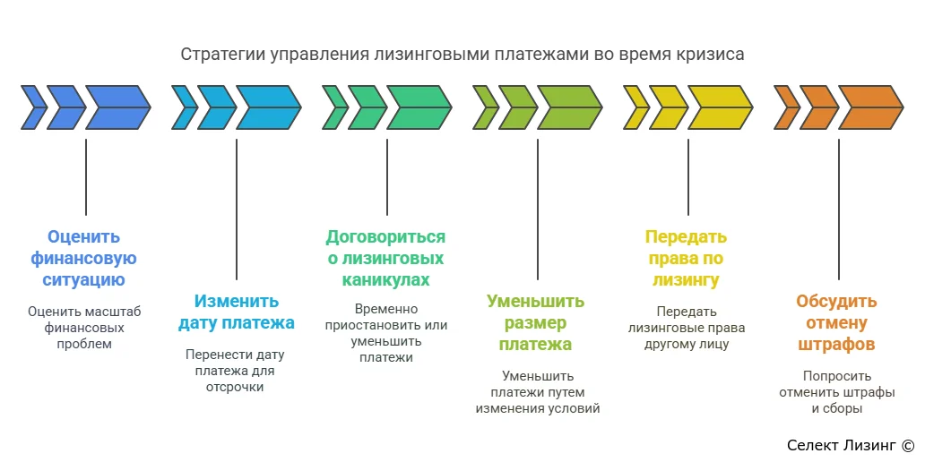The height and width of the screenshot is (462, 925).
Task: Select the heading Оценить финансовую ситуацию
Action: click(x=83, y=258)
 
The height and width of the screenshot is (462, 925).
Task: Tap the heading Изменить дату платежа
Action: click(x=237, y=312)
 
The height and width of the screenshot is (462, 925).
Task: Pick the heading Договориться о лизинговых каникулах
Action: click(x=385, y=258)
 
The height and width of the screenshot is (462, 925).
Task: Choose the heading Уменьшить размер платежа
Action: click(x=536, y=322)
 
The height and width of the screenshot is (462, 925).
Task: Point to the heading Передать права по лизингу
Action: click(x=686, y=258)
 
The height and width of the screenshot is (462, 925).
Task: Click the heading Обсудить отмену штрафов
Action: click(x=836, y=322)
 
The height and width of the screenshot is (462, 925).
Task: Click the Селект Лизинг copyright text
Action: click(x=850, y=445)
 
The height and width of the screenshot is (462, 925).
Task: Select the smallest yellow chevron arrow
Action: click(x=636, y=107)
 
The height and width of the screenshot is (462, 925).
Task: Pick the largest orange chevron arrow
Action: click(x=869, y=107)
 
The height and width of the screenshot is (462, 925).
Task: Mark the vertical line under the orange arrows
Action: click(x=838, y=210)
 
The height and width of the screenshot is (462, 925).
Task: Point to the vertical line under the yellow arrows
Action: click(x=687, y=176)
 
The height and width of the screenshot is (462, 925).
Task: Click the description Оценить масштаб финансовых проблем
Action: click(x=84, y=328)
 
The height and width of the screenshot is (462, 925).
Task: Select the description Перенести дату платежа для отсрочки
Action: click(x=235, y=371)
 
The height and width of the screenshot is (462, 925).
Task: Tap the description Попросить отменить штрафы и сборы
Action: click(x=836, y=392)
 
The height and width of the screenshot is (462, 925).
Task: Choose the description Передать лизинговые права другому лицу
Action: click(x=686, y=328)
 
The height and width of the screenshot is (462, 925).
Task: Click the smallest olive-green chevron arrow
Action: click(x=486, y=107)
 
